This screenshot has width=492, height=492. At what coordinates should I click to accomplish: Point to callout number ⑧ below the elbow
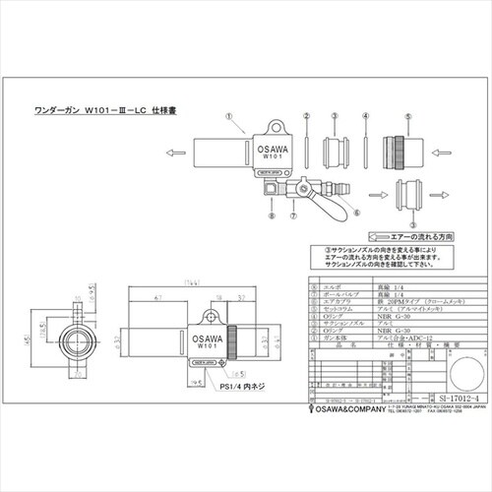pos(267,212)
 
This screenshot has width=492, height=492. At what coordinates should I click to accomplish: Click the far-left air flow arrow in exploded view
pos(176,154)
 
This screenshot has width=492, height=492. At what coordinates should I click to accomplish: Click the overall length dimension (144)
pos(183,283)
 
